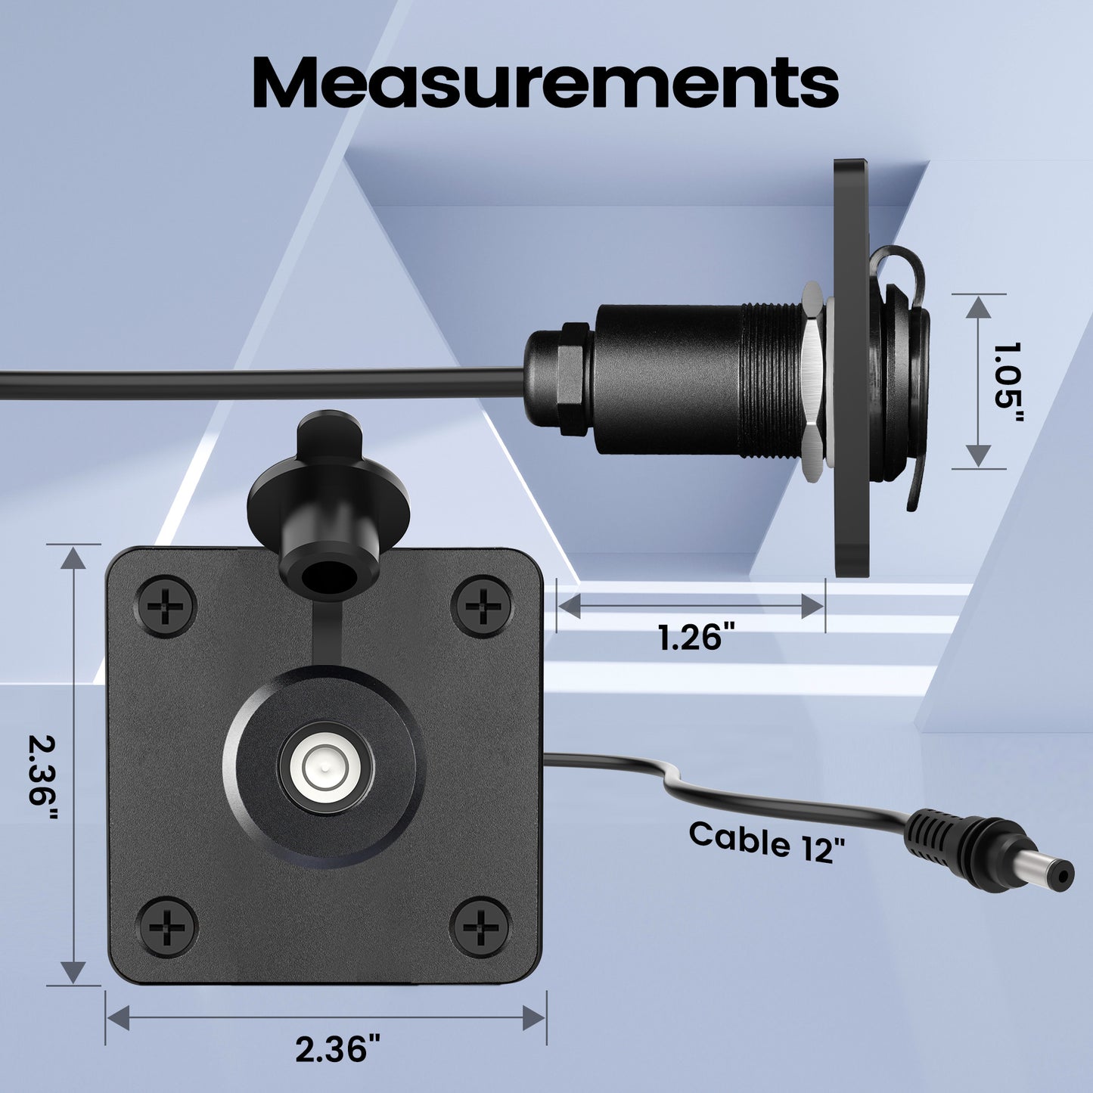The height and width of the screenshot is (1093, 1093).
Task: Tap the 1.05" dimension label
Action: pyautogui.click(x=1007, y=383)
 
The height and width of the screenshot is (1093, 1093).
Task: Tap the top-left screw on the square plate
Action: pyautogui.click(x=166, y=606)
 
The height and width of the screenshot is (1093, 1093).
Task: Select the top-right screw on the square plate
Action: pyautogui.click(x=481, y=606)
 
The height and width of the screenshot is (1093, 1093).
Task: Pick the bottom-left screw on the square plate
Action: pyautogui.click(x=166, y=926)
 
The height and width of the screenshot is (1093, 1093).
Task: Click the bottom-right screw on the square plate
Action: pyautogui.click(x=481, y=926)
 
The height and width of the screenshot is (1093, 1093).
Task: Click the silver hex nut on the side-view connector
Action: pyautogui.click(x=813, y=382)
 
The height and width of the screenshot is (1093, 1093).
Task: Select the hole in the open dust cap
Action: pyautogui.click(x=329, y=576)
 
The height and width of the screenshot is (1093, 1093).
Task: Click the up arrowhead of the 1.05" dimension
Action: pyautogui.click(x=979, y=307)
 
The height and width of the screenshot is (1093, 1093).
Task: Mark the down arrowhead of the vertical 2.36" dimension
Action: pyautogui.click(x=73, y=971)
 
